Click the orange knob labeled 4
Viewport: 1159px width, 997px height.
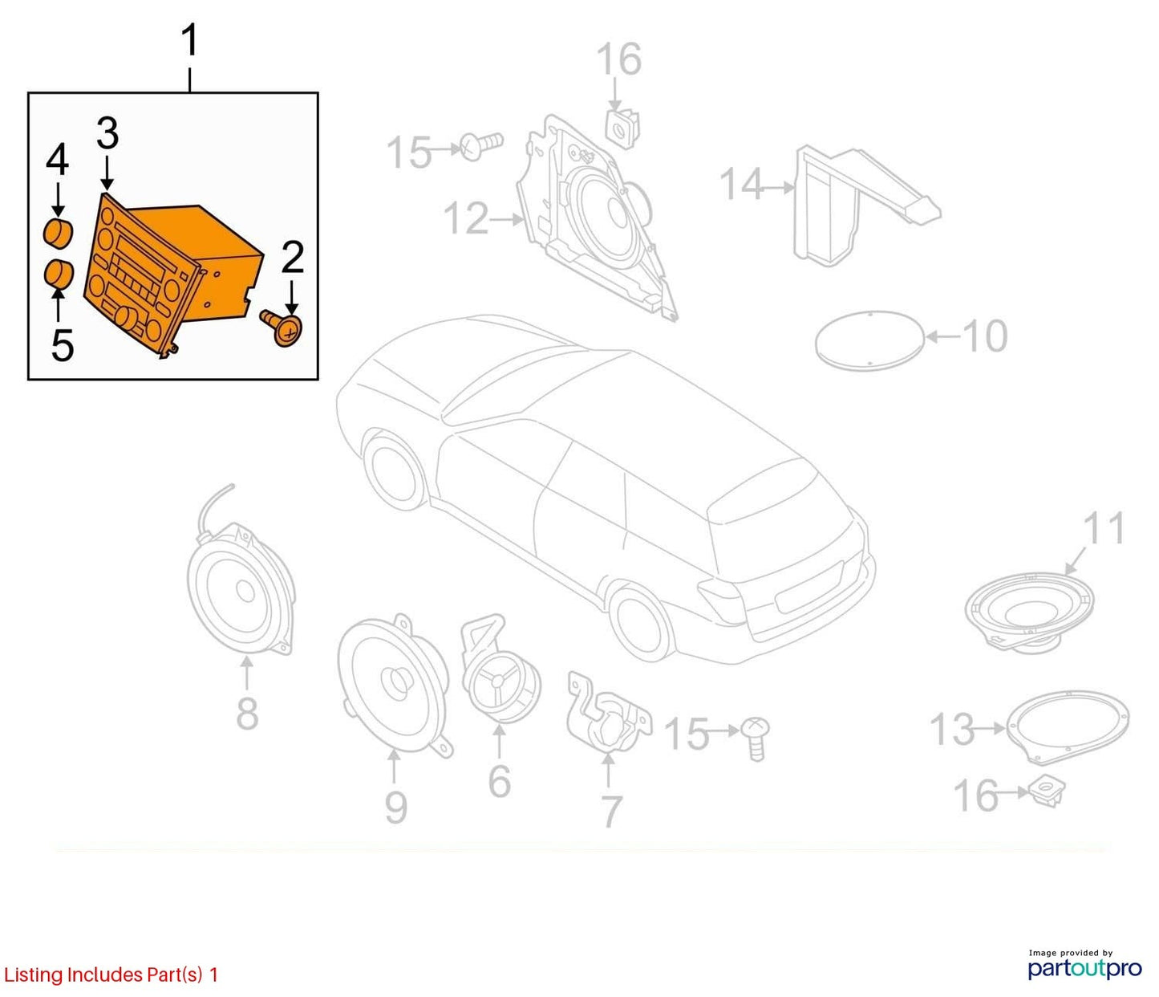[59, 234]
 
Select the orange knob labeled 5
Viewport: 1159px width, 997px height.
[59, 274]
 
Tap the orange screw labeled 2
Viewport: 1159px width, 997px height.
[282, 329]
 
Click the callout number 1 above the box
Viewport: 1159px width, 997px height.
[191, 40]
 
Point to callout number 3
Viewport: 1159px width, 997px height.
[107, 133]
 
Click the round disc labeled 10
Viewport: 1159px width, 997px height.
[869, 340]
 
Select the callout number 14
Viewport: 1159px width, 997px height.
[741, 184]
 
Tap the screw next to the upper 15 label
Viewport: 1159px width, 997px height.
[481, 145]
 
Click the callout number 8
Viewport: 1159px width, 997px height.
[247, 714]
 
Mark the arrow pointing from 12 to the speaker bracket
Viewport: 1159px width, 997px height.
[507, 219]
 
